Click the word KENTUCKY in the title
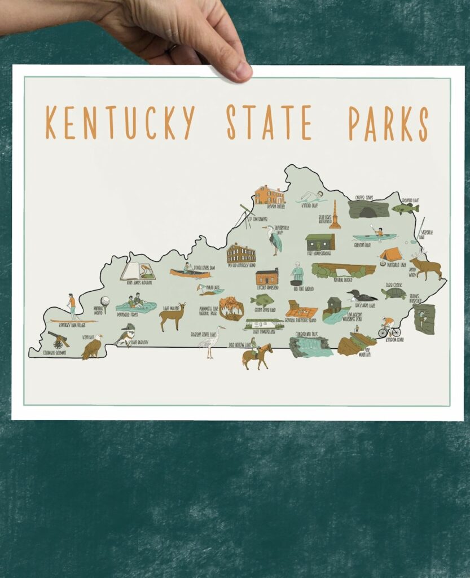(x=120, y=122)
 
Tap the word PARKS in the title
(x=388, y=122)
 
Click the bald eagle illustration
(x=91, y=347)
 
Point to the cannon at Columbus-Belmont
(x=58, y=339)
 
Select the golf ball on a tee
(x=104, y=303)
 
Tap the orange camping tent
(x=390, y=255)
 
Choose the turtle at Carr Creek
(x=393, y=294)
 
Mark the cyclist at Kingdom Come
(x=389, y=328)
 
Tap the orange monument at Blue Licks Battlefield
(x=335, y=216)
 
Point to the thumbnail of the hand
(x=243, y=71)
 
